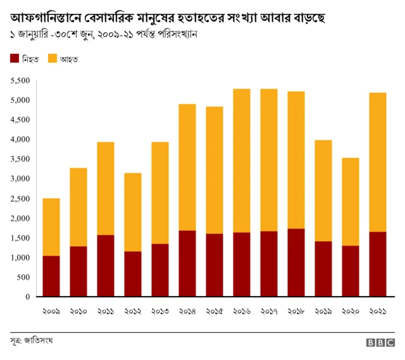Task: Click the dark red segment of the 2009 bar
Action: click(51, 276)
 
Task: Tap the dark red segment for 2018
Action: click(296, 262)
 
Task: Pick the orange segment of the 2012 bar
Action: click(132, 212)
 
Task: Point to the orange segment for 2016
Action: click(241, 161)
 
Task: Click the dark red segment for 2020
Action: click(350, 271)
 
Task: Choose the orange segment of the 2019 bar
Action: click(323, 190)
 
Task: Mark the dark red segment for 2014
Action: click(187, 263)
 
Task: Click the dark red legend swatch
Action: click(15, 59)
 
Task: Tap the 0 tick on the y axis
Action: click(27, 297)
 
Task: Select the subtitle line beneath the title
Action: click(104, 33)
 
